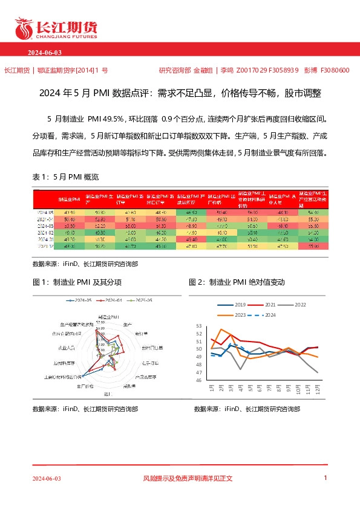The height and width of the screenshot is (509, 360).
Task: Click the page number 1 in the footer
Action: [326, 478]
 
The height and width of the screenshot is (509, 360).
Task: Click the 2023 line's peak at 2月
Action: [221, 329]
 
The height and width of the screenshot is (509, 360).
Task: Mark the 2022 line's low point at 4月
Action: [240, 369]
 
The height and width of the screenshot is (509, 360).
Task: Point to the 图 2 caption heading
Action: [237, 282]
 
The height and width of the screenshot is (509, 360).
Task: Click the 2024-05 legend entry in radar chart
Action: [79, 300]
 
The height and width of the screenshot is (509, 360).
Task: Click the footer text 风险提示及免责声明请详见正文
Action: [188, 478]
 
